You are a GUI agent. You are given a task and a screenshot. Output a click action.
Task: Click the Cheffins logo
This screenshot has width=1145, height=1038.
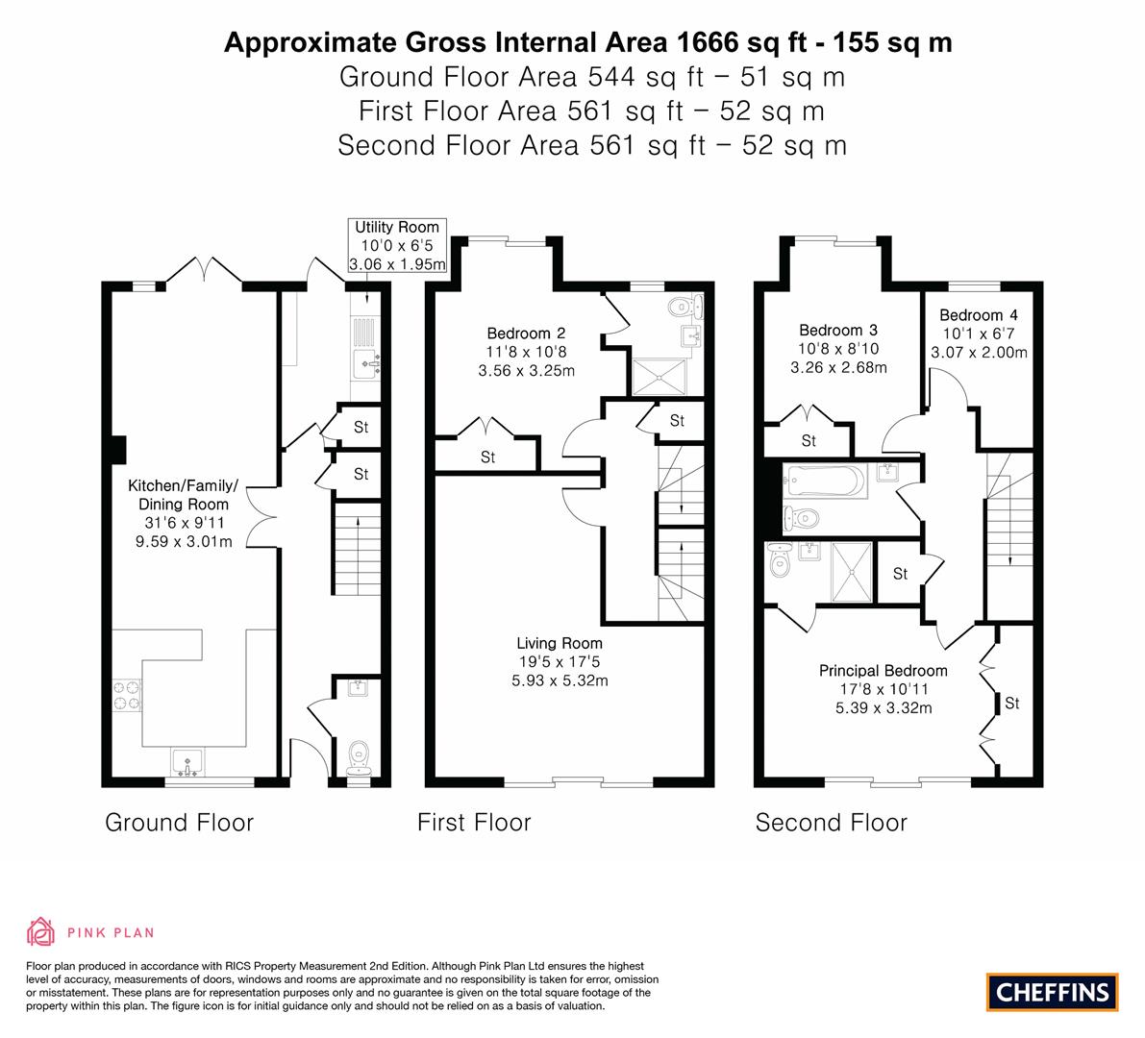point(1052,992)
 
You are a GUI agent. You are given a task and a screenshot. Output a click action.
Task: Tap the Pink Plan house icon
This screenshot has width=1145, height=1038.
point(40,931)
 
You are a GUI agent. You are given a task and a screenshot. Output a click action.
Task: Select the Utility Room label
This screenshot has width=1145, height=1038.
point(397,227)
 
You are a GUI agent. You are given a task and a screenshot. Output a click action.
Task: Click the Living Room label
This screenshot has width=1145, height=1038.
point(560,643)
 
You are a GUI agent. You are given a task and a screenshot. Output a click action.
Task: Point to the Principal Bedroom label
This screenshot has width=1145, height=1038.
point(883,670)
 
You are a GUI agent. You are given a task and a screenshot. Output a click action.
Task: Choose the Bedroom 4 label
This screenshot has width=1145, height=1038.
point(979,315)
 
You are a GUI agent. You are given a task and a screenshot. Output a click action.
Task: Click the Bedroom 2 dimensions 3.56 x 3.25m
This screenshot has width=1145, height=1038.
point(527,371)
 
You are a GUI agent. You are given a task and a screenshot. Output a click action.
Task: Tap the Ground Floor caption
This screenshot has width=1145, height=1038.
point(179,823)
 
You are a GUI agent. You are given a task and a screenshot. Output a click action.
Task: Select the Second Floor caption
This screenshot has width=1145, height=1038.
point(831,823)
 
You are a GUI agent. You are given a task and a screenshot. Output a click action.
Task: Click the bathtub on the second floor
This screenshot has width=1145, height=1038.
point(825,482)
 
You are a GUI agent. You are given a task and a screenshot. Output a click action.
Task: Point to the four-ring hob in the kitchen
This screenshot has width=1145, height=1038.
point(126,695)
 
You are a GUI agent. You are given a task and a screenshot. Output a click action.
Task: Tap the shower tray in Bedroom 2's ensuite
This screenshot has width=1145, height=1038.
point(660,377)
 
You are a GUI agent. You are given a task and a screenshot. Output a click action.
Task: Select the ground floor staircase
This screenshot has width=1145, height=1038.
point(357,549)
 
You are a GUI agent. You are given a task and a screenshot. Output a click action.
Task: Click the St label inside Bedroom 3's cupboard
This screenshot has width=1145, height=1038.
point(809,441)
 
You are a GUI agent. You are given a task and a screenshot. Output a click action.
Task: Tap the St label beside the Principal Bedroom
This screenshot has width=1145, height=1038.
point(1011,703)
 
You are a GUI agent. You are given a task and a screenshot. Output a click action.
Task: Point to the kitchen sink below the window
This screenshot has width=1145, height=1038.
point(188,763)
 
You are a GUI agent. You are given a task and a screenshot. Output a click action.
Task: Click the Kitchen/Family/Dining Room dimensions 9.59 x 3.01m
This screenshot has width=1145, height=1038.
point(184,542)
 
